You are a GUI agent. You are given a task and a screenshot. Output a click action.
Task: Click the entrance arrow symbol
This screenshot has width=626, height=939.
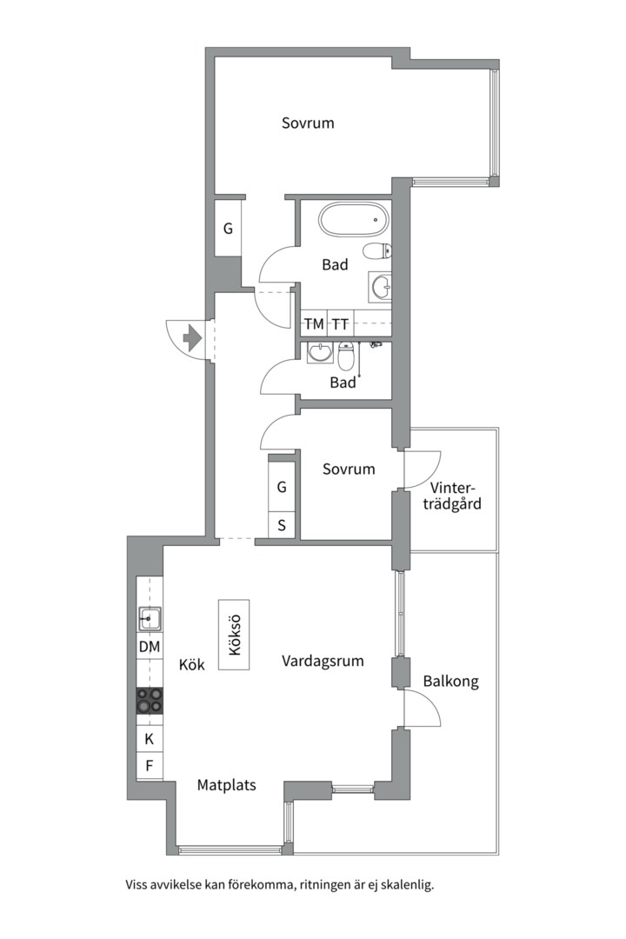[192, 337]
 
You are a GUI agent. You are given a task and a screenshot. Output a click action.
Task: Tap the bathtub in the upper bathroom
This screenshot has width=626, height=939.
[353, 220]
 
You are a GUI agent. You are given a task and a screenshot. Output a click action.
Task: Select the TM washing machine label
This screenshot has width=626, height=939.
[314, 324]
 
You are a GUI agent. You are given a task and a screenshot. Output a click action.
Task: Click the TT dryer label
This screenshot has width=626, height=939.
[340, 324]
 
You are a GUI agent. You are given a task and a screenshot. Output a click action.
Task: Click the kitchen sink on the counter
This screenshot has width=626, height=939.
[150, 618]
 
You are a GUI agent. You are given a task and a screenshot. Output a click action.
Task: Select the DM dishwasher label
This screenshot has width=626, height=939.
[150, 647]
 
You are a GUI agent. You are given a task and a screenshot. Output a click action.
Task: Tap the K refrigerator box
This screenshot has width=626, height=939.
[150, 739]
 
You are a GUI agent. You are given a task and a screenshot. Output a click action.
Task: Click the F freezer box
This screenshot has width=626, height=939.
[150, 765]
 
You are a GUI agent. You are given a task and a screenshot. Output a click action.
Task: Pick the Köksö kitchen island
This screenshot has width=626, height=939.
[234, 635]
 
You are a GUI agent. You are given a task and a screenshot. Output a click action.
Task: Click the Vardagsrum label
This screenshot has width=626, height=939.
[323, 661]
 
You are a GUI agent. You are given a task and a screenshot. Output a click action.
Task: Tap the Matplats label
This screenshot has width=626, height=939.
[226, 784]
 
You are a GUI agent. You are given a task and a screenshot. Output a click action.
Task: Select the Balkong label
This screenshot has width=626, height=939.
[451, 682]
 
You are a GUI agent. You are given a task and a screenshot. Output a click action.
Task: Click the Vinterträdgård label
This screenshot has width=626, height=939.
[452, 496]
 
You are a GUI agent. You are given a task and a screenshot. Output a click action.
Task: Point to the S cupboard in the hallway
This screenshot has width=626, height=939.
[282, 526]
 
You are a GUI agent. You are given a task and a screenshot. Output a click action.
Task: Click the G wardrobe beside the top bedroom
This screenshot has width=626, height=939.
[229, 228]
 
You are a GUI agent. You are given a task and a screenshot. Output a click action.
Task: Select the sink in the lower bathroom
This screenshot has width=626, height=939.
[321, 352]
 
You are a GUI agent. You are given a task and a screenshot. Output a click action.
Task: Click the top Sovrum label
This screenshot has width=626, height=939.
[308, 123]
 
